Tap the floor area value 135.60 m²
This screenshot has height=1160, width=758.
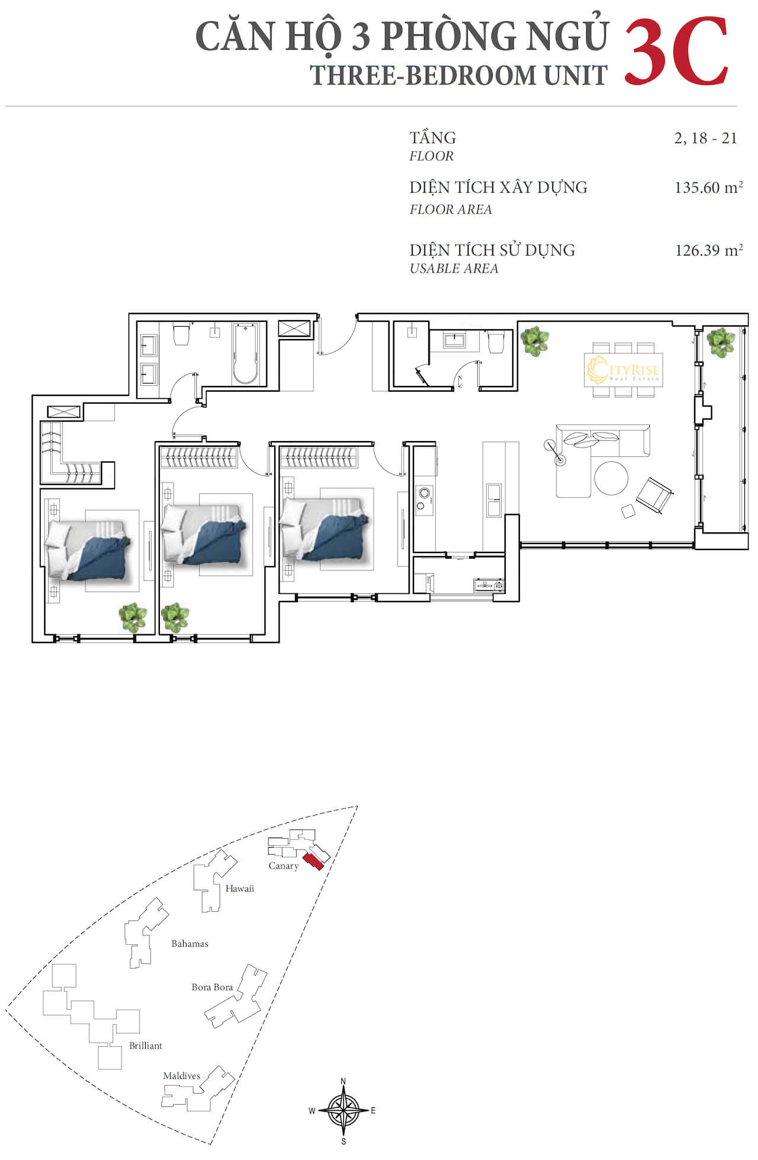(708, 187)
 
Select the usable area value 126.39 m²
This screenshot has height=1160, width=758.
(709, 250)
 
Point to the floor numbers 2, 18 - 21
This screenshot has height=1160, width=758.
(705, 138)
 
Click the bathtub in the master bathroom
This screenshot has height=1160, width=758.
(245, 353)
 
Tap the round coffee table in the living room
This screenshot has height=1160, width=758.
(611, 478)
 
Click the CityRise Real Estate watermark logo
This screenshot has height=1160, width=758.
(623, 370)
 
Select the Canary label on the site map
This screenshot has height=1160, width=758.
(284, 865)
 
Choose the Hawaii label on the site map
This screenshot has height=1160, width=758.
(239, 888)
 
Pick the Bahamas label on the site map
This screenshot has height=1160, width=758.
(189, 943)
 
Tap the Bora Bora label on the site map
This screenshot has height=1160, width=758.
(212, 987)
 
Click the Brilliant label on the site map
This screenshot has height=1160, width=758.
(146, 1046)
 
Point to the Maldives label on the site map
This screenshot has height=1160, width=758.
(182, 1075)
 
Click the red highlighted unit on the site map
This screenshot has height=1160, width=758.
(313, 862)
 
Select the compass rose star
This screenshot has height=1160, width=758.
(343, 1110)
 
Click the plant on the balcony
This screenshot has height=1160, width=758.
(721, 343)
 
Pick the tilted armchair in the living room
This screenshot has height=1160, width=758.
(654, 495)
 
